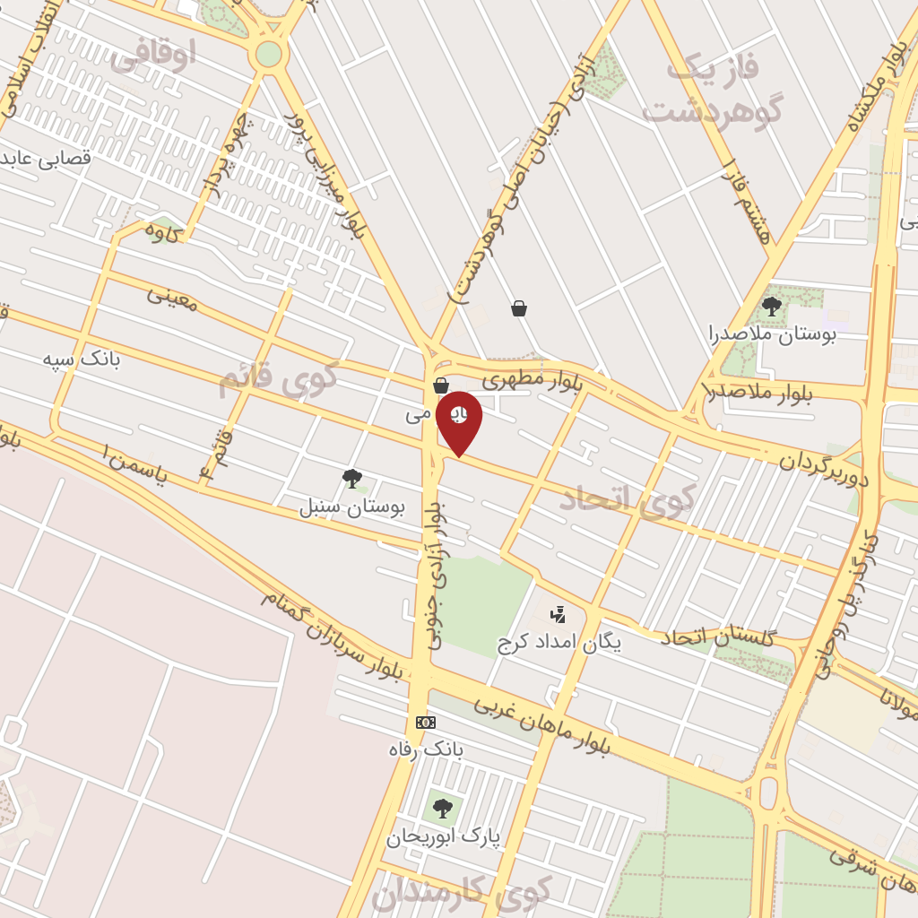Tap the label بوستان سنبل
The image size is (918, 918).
[x=352, y=507]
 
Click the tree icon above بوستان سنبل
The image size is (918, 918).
[x=352, y=478]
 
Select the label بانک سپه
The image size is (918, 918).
[x=82, y=359]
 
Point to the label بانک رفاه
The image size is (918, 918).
[x=426, y=749]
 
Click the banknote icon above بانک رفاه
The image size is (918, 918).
[x=426, y=722]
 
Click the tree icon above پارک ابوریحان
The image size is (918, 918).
[x=442, y=809]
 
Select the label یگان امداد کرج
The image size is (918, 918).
[x=559, y=643]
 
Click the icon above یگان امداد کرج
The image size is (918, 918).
[x=559, y=614]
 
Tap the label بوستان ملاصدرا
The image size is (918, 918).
[x=772, y=336]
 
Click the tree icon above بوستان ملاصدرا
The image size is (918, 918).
[x=771, y=307]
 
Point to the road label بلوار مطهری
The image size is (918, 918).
[x=533, y=382]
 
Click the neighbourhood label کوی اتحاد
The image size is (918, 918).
[x=628, y=499]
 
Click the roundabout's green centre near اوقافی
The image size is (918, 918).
[x=268, y=55]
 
